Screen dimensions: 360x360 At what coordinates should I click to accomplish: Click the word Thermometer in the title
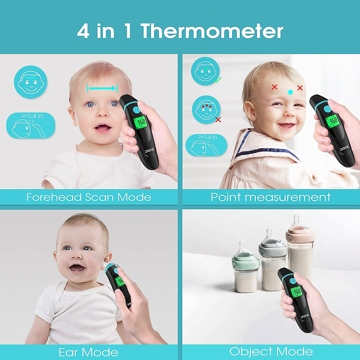click(x=211, y=31)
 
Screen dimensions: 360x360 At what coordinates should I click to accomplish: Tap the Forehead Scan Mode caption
click(x=89, y=197)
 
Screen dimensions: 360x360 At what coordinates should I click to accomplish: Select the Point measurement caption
click(x=271, y=197)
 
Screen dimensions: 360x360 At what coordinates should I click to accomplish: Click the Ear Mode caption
click(x=88, y=352)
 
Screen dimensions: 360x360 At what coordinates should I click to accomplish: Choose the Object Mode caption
click(x=271, y=351)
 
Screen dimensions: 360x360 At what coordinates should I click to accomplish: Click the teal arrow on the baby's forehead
click(x=102, y=88)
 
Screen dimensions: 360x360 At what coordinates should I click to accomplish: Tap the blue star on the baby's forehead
click(x=290, y=92)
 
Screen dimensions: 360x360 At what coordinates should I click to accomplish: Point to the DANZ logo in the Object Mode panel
click(x=305, y=316)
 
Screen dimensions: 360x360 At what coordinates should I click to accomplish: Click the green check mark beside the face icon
click(x=219, y=80)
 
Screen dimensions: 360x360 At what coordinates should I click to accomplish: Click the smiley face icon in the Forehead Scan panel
click(x=30, y=82)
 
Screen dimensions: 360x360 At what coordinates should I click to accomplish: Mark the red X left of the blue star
click(x=274, y=87)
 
